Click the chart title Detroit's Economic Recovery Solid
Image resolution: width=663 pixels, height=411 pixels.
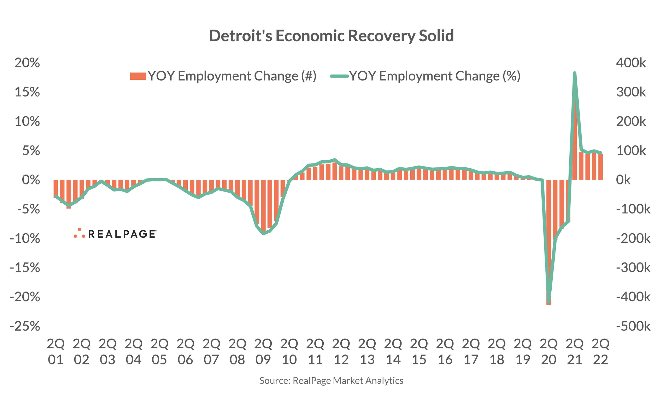pyautogui.click(x=331, y=36)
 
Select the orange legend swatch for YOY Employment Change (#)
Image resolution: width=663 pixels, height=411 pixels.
pyautogui.click(x=138, y=76)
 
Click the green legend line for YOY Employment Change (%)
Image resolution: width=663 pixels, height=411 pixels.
pyautogui.click(x=339, y=76)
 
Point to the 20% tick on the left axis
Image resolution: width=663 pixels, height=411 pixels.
pyautogui.click(x=27, y=63)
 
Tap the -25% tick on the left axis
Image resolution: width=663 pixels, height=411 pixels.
pyautogui.click(x=25, y=326)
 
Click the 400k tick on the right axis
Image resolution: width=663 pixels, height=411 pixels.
pyautogui.click(x=631, y=63)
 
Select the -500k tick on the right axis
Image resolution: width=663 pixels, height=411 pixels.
pyautogui.click(x=633, y=326)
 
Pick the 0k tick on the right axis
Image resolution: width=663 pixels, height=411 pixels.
pyautogui.click(x=623, y=180)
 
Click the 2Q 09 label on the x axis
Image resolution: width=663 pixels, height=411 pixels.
pyautogui.click(x=263, y=352)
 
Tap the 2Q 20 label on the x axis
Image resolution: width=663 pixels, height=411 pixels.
pyautogui.click(x=548, y=352)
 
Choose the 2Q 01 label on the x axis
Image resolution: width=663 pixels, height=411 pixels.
pyautogui.click(x=55, y=352)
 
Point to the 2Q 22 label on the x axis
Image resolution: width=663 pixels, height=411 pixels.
pyautogui.click(x=600, y=352)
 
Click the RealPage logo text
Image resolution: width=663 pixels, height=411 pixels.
pyautogui.click(x=122, y=234)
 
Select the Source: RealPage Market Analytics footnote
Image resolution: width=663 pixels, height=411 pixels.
pyautogui.click(x=331, y=381)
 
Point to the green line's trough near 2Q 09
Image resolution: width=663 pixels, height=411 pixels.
pyautogui.click(x=263, y=233)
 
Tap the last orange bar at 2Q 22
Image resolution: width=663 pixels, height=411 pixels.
pyautogui.click(x=600, y=167)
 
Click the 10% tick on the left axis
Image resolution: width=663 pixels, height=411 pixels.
pyautogui.click(x=27, y=121)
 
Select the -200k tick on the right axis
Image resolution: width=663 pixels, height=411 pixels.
pyautogui.click(x=633, y=238)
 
